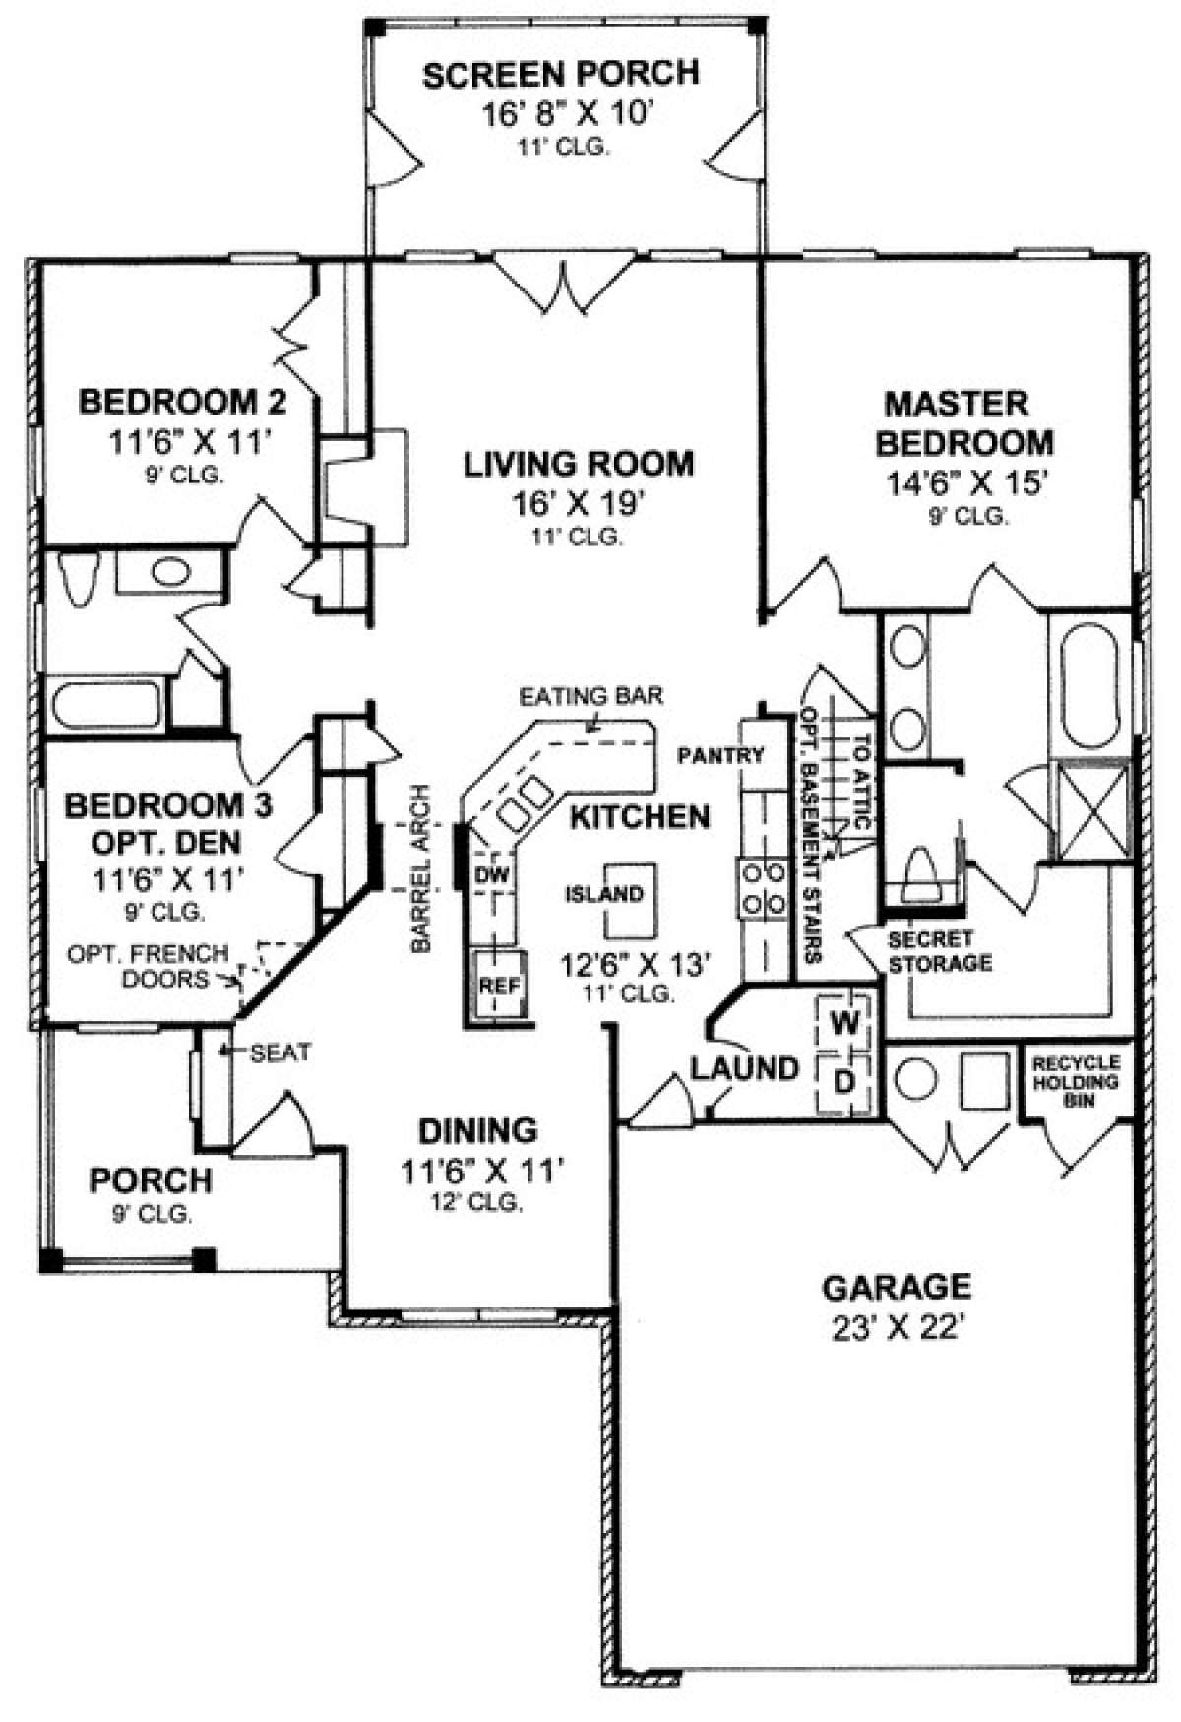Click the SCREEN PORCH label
click(561, 75)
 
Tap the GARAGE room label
click(897, 1286)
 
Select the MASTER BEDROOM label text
click(964, 423)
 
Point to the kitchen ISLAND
click(631, 902)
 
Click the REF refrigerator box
click(499, 986)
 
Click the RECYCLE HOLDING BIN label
click(1076, 1081)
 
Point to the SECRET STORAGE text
click(939, 951)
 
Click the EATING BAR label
click(591, 696)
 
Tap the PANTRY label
click(720, 755)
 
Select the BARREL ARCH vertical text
click(422, 867)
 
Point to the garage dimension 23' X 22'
click(896, 1329)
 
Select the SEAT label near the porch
click(280, 1052)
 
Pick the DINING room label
click(478, 1129)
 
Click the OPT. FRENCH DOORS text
click(148, 966)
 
